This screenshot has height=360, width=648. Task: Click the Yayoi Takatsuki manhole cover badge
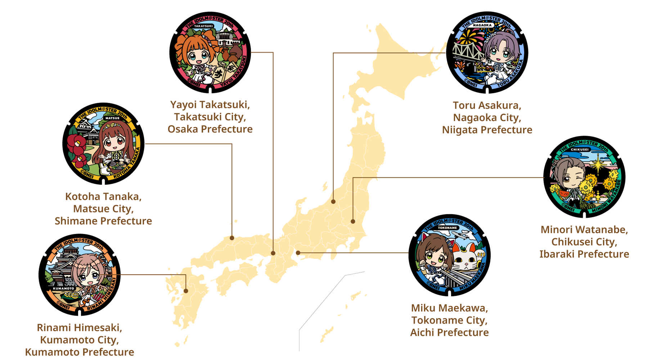pos(210,53)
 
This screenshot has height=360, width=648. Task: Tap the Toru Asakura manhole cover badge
pos(487,53)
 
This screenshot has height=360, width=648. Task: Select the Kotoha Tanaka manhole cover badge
pos(103,144)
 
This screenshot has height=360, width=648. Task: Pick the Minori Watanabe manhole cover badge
pos(584,177)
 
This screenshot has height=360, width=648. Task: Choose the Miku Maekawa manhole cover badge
pos(450,255)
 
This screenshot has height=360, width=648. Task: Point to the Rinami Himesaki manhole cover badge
pos(80,275)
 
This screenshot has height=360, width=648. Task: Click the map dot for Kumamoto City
pos(186,291)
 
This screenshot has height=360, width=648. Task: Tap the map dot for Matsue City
pos(232,238)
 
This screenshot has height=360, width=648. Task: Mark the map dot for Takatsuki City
pos(273,253)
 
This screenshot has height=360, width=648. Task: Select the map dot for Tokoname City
pos(298,253)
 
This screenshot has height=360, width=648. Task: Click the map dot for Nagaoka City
pos(333,202)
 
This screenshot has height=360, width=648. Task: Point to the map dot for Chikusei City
pos(353,221)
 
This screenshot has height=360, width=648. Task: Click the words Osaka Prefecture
pos(210,129)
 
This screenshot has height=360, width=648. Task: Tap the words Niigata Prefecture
pos(487,130)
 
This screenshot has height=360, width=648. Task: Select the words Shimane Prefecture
pos(103,221)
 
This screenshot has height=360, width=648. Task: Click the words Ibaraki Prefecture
pos(584,254)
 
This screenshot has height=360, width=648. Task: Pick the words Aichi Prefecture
pos(450,333)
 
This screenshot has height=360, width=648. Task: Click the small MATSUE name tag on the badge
pos(112,118)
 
